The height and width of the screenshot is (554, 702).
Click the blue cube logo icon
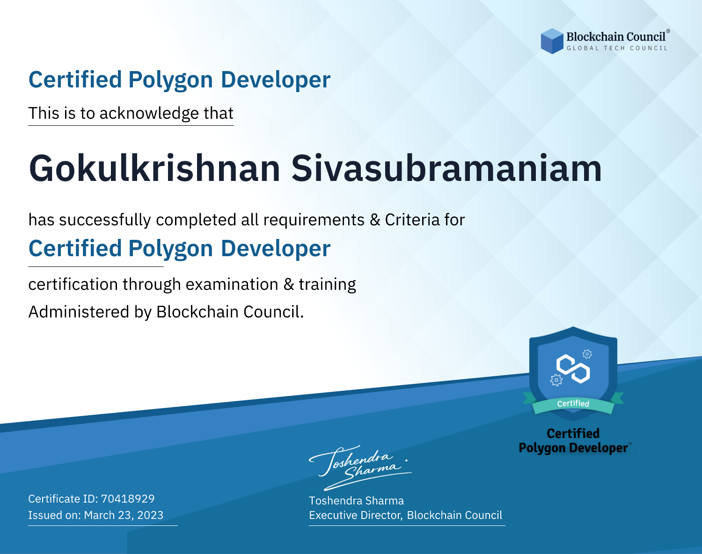[x=552, y=41]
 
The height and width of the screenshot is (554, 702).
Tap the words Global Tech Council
[x=617, y=48]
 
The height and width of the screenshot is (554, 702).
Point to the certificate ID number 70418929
[x=128, y=498]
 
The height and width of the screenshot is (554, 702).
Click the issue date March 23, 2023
[x=124, y=515]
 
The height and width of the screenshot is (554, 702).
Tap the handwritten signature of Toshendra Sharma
[x=360, y=468]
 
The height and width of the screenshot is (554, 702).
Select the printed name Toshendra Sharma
[x=356, y=501]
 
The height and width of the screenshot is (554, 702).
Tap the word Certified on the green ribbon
[x=573, y=404]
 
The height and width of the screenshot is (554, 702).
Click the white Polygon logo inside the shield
[x=573, y=369]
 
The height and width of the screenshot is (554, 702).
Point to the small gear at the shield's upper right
[x=587, y=354]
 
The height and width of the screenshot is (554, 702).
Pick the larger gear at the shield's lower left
[x=556, y=380]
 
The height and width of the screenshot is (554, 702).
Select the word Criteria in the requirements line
[x=412, y=220]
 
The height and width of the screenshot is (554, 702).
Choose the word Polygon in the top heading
[x=171, y=80]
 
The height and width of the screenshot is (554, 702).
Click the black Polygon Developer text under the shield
[x=573, y=448]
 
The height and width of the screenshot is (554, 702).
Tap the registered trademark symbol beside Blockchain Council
[x=668, y=31]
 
